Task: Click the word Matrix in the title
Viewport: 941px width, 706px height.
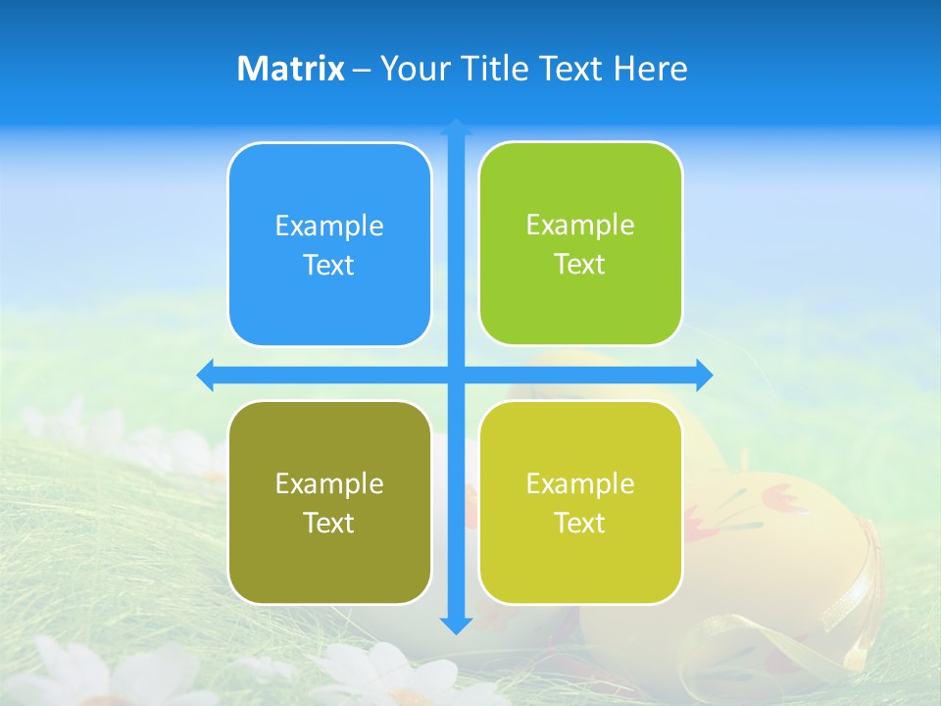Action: tap(291, 69)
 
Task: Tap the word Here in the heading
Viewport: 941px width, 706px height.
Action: tap(650, 69)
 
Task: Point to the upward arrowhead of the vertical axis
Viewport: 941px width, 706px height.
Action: tap(456, 127)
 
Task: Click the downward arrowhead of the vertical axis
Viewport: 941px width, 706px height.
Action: tap(456, 625)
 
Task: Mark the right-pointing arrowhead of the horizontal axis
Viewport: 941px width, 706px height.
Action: tap(703, 375)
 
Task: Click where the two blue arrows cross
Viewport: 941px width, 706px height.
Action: tap(456, 375)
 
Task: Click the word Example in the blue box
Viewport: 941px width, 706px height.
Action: tap(329, 226)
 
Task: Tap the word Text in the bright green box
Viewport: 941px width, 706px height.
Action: tap(580, 264)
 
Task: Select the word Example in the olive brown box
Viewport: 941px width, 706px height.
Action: tap(329, 483)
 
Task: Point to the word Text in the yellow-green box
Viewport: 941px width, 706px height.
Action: tap(580, 523)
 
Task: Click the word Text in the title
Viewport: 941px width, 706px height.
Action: tap(571, 69)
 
